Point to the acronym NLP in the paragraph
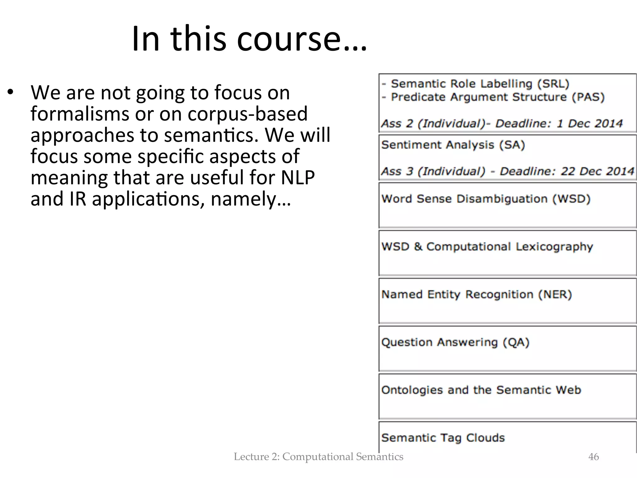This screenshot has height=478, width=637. tap(298, 177)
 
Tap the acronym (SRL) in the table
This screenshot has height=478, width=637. tap(553, 84)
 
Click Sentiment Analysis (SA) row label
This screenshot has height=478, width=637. tap(453, 145)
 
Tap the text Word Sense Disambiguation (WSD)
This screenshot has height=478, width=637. tap(486, 199)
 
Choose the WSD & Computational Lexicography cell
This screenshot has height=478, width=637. tap(487, 247)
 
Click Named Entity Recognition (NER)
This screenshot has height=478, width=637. tap(477, 294)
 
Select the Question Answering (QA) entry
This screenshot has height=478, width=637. tap(455, 342)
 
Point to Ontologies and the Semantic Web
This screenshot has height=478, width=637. tap(481, 390)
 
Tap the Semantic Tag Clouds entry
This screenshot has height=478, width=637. tap(443, 438)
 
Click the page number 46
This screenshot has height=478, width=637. tap(594, 457)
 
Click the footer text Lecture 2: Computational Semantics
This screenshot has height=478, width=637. tap(318, 457)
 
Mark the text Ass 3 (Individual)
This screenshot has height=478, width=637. tap(433, 171)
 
